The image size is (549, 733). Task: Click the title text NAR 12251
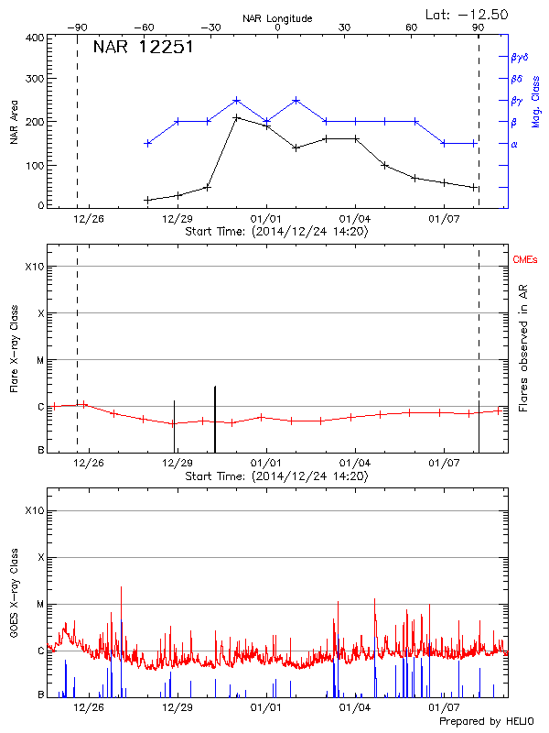[x=143, y=48]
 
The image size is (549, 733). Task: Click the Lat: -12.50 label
[x=468, y=14]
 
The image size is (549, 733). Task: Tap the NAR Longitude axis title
[x=277, y=18]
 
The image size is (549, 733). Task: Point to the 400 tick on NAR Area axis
[x=35, y=38]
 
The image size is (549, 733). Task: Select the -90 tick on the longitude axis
[x=78, y=28]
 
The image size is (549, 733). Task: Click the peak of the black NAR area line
[x=236, y=117]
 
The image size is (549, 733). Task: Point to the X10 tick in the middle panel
[x=34, y=267]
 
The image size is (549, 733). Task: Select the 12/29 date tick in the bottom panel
[x=176, y=707]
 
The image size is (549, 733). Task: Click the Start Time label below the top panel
[x=276, y=232]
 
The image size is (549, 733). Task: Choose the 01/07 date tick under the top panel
[x=443, y=219]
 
